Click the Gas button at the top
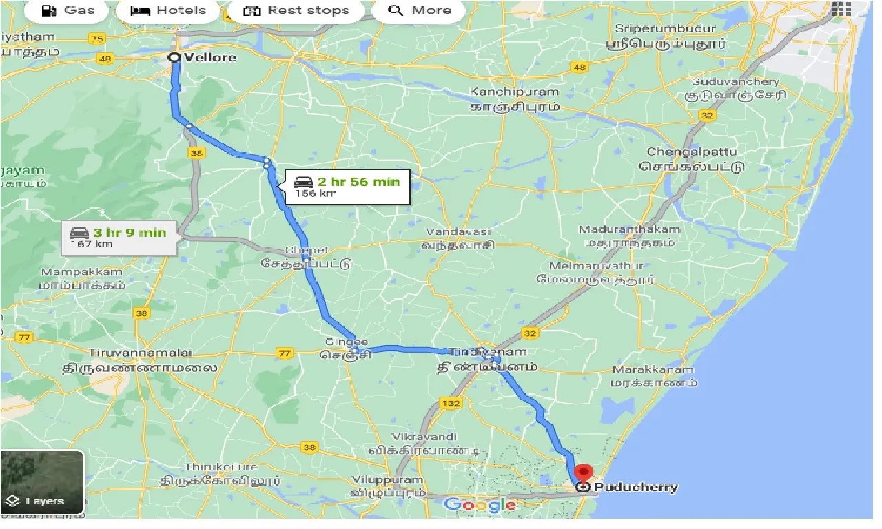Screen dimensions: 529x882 click(68, 10)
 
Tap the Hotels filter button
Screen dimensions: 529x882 click(169, 10)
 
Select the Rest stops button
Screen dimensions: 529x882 click(297, 10)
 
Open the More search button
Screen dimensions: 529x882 click(419, 10)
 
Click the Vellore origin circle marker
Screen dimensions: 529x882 click(174, 58)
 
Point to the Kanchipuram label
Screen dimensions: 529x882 click(514, 92)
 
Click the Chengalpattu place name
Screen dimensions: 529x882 click(692, 152)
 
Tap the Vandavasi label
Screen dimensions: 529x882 click(458, 232)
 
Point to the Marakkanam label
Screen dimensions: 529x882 click(653, 370)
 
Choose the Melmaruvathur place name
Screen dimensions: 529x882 click(596, 266)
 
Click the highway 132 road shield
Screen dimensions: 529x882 click(451, 403)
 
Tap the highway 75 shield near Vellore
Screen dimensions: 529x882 click(97, 39)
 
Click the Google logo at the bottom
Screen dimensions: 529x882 click(480, 505)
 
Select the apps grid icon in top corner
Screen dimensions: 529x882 click(841, 9)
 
